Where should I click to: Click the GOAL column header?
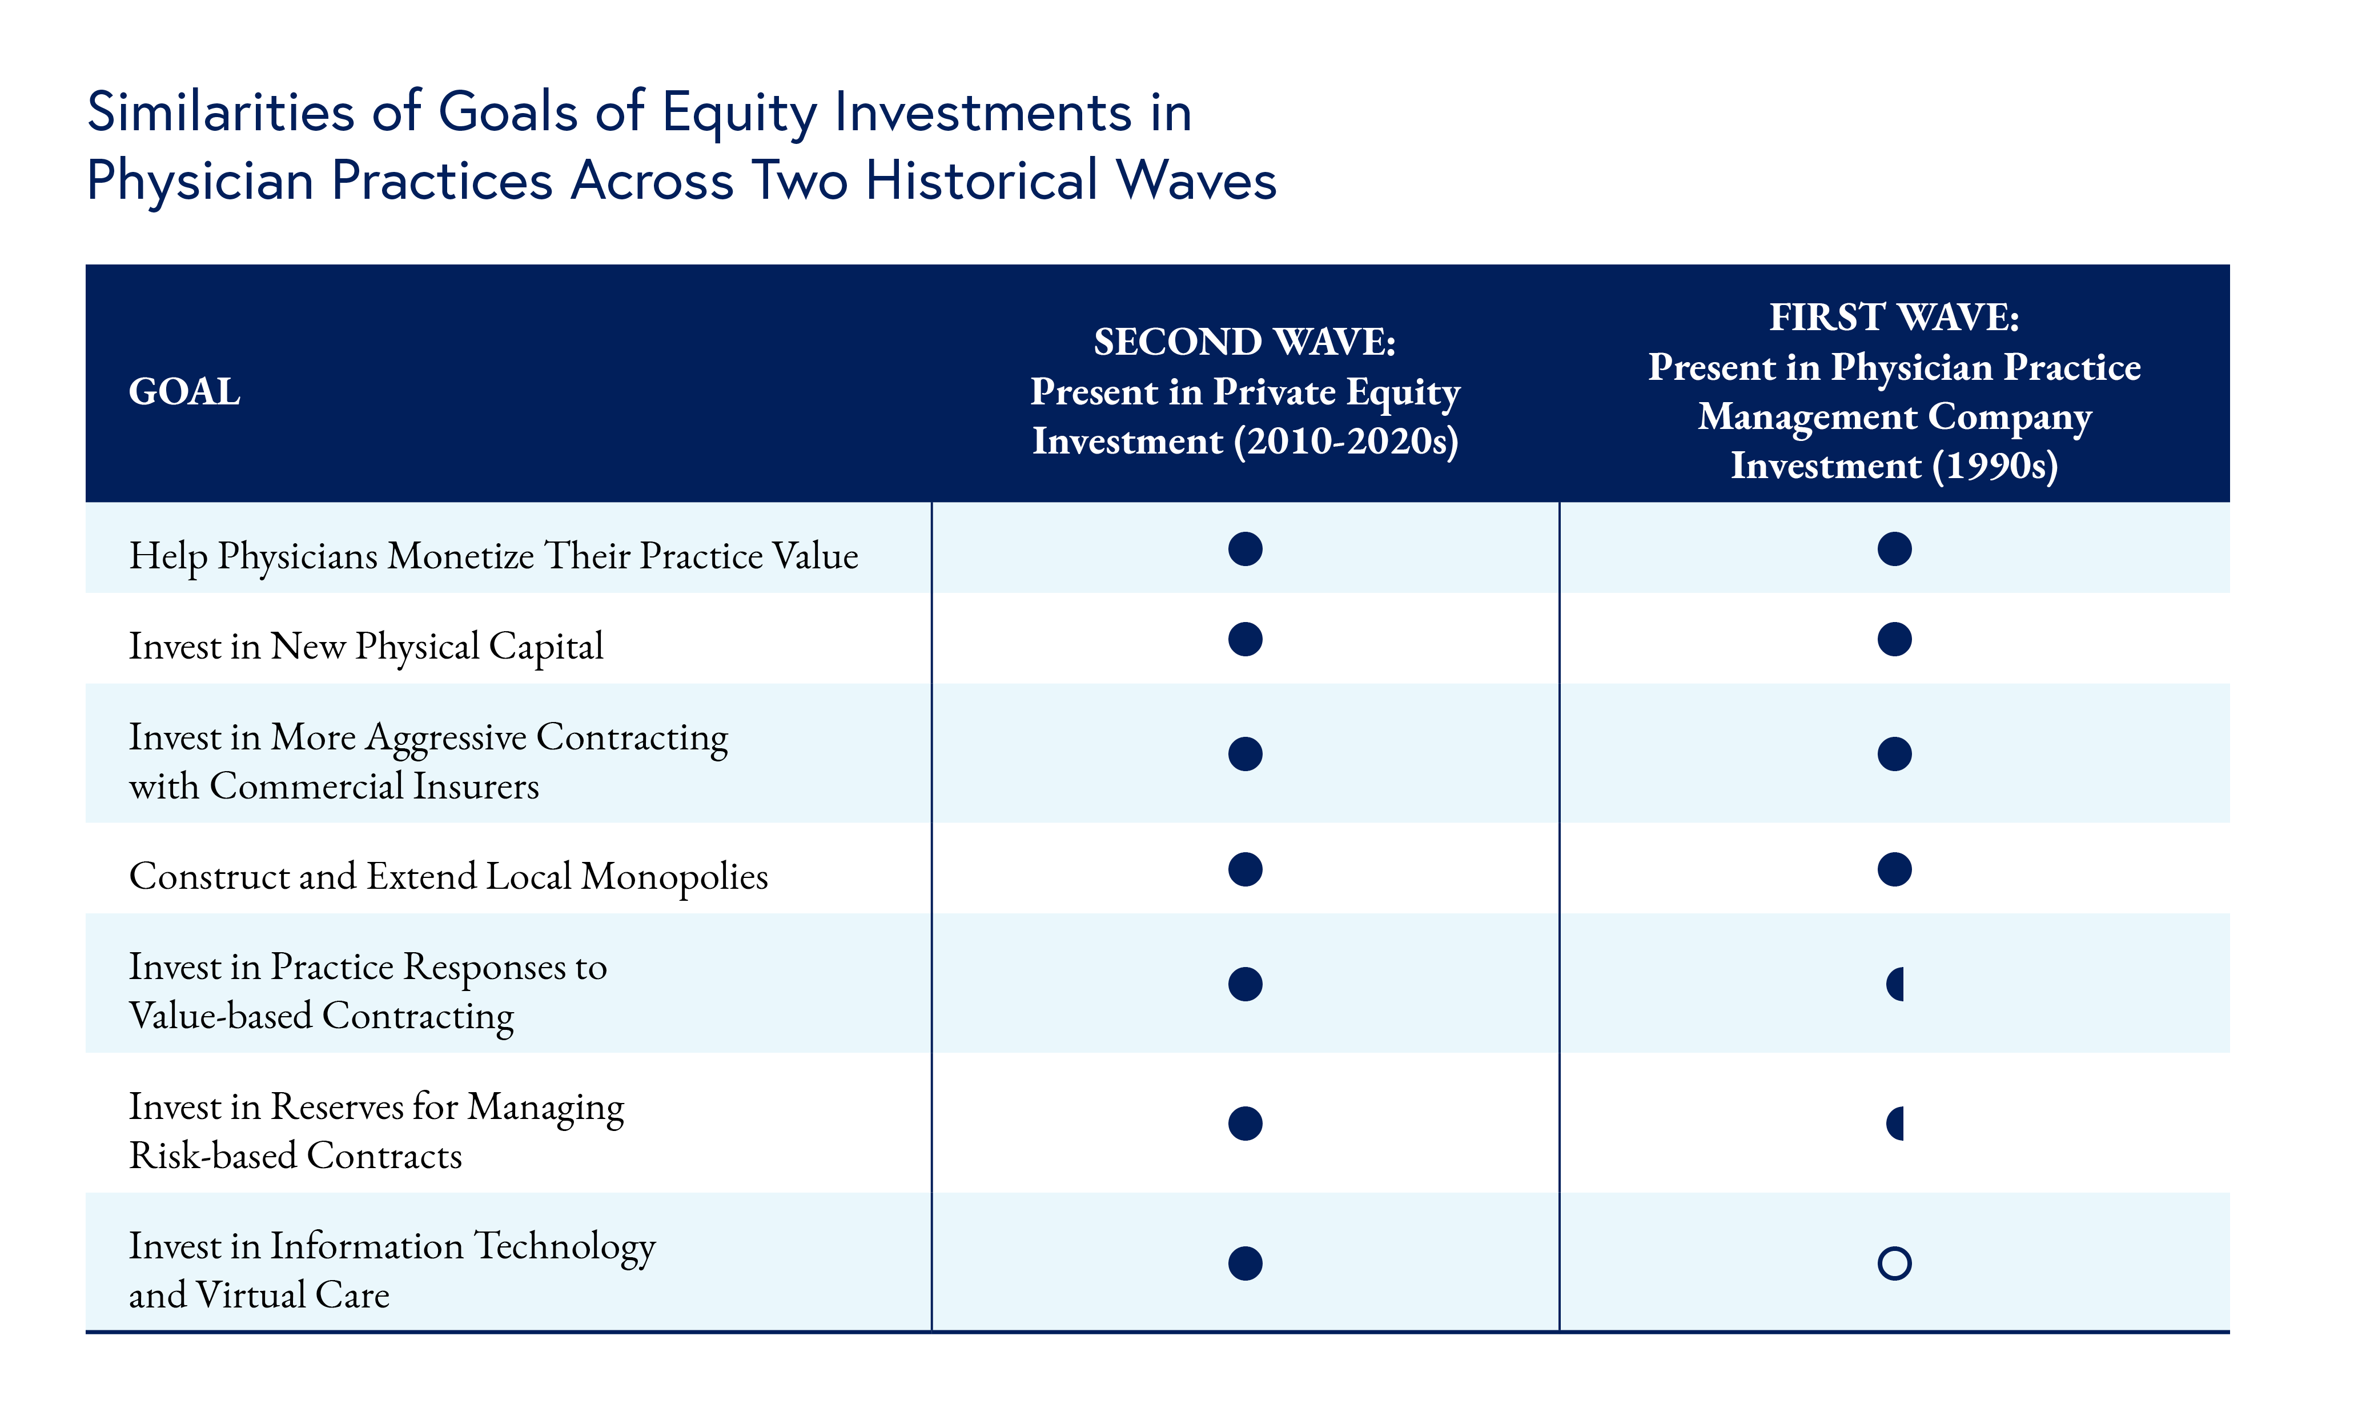[184, 391]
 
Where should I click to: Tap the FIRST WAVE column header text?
[1893, 318]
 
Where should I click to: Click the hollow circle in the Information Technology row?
[1894, 1263]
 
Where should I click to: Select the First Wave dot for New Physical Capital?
[1894, 639]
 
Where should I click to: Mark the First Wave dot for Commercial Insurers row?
[1894, 754]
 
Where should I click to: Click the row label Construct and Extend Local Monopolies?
[448, 876]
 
